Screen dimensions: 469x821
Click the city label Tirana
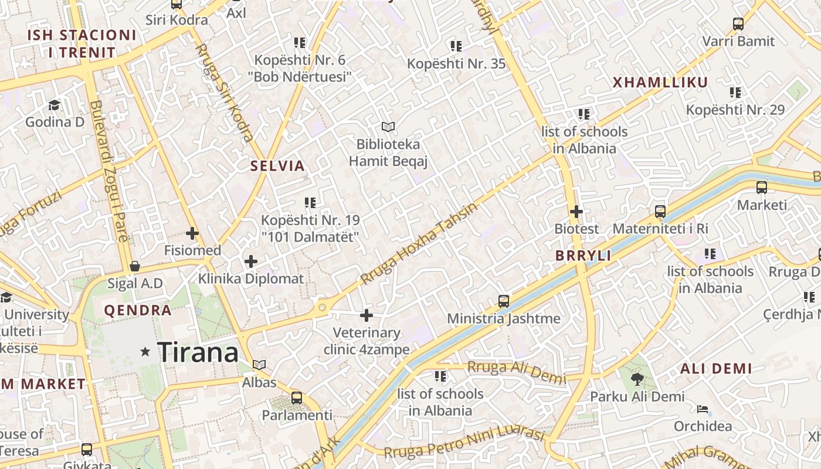[198, 352]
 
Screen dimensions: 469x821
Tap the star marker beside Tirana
[145, 352]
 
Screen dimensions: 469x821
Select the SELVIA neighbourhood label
[278, 166]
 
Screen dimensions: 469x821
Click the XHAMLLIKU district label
[660, 82]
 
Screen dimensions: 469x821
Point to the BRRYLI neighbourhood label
[583, 256]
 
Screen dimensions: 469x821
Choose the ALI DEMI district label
[716, 369]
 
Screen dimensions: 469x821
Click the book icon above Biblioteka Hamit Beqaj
[388, 127]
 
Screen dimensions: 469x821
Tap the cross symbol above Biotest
[576, 211]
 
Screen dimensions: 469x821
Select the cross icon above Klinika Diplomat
[251, 261]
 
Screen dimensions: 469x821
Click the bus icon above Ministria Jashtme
[503, 301]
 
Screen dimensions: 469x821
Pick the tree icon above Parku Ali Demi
[637, 379]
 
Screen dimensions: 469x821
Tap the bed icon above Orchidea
[703, 409]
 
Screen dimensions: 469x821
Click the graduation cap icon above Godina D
[55, 105]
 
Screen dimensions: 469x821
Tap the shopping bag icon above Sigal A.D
[135, 266]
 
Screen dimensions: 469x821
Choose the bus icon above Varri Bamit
[738, 24]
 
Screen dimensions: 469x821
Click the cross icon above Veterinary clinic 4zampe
[367, 315]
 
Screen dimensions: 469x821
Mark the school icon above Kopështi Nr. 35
[456, 46]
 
